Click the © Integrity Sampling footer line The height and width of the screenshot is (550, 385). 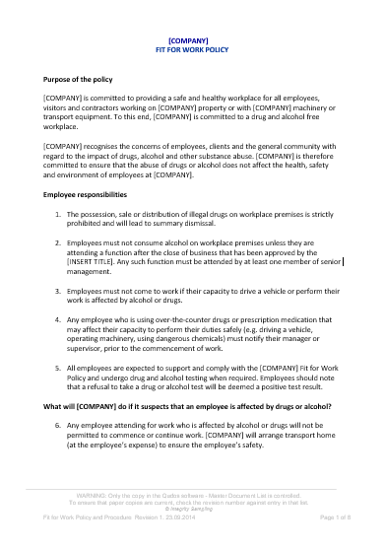pos(192,507)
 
